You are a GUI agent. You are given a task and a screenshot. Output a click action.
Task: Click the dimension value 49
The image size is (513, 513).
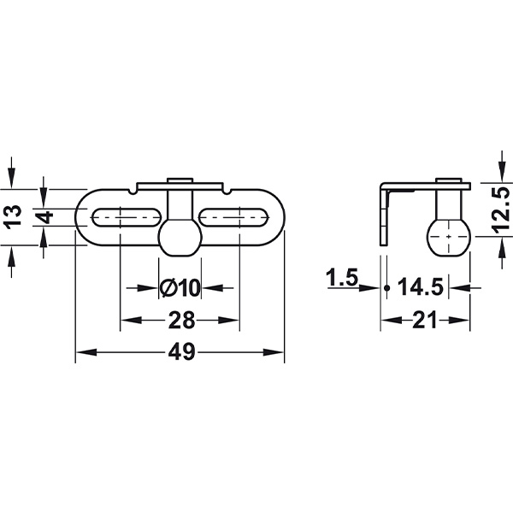181,352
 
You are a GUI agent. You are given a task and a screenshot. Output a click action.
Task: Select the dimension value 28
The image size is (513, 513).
181,320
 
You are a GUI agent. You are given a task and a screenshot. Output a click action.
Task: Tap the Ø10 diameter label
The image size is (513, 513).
180,288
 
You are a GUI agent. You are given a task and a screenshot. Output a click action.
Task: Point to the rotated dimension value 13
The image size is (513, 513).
13,216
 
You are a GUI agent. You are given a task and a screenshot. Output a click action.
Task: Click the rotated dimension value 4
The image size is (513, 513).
44,217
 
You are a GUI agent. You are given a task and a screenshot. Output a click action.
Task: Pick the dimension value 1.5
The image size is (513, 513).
342,277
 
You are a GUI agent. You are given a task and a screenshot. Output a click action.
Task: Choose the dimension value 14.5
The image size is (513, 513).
421,286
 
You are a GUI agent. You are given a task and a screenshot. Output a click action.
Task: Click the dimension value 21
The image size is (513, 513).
425,320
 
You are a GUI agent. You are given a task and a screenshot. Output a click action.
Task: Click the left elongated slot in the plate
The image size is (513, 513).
127,217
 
